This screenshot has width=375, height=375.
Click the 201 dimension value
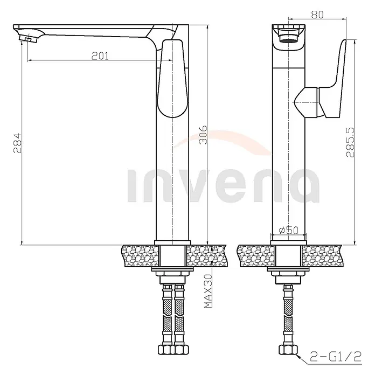(100, 56)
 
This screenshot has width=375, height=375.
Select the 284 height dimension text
(17, 143)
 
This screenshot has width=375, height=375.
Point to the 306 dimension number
(203, 135)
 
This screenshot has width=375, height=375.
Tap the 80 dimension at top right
(317, 15)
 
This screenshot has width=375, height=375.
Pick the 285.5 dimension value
(350, 142)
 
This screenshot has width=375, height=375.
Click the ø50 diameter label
(289, 230)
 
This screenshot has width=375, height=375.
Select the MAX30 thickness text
(208, 291)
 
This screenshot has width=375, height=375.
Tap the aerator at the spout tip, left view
(29, 38)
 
